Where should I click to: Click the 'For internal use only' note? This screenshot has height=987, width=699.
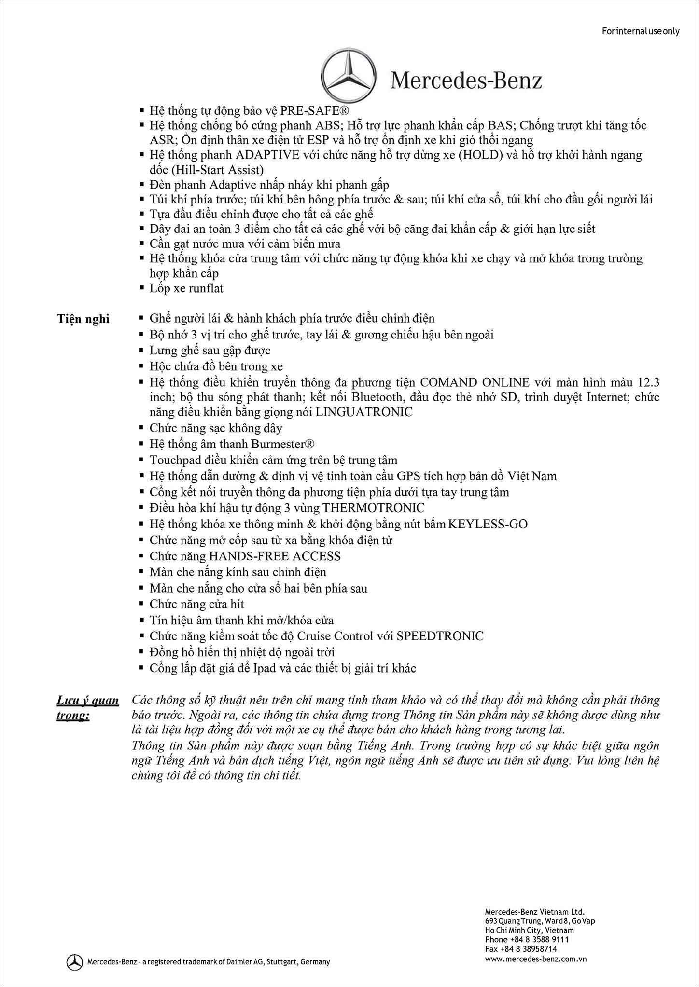[641, 31]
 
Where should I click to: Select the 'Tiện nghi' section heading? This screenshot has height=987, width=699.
[83, 319]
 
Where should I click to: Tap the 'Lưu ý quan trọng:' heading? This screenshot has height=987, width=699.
[87, 707]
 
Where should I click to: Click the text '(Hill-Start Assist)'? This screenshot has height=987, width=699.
[207, 170]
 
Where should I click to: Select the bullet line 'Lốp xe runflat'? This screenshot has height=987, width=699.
[186, 288]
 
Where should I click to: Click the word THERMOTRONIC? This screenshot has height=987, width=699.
[373, 508]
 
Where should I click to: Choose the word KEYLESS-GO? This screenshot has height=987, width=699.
[488, 524]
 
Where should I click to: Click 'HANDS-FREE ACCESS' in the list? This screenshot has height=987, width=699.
[274, 556]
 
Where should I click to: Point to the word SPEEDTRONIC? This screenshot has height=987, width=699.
[440, 636]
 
